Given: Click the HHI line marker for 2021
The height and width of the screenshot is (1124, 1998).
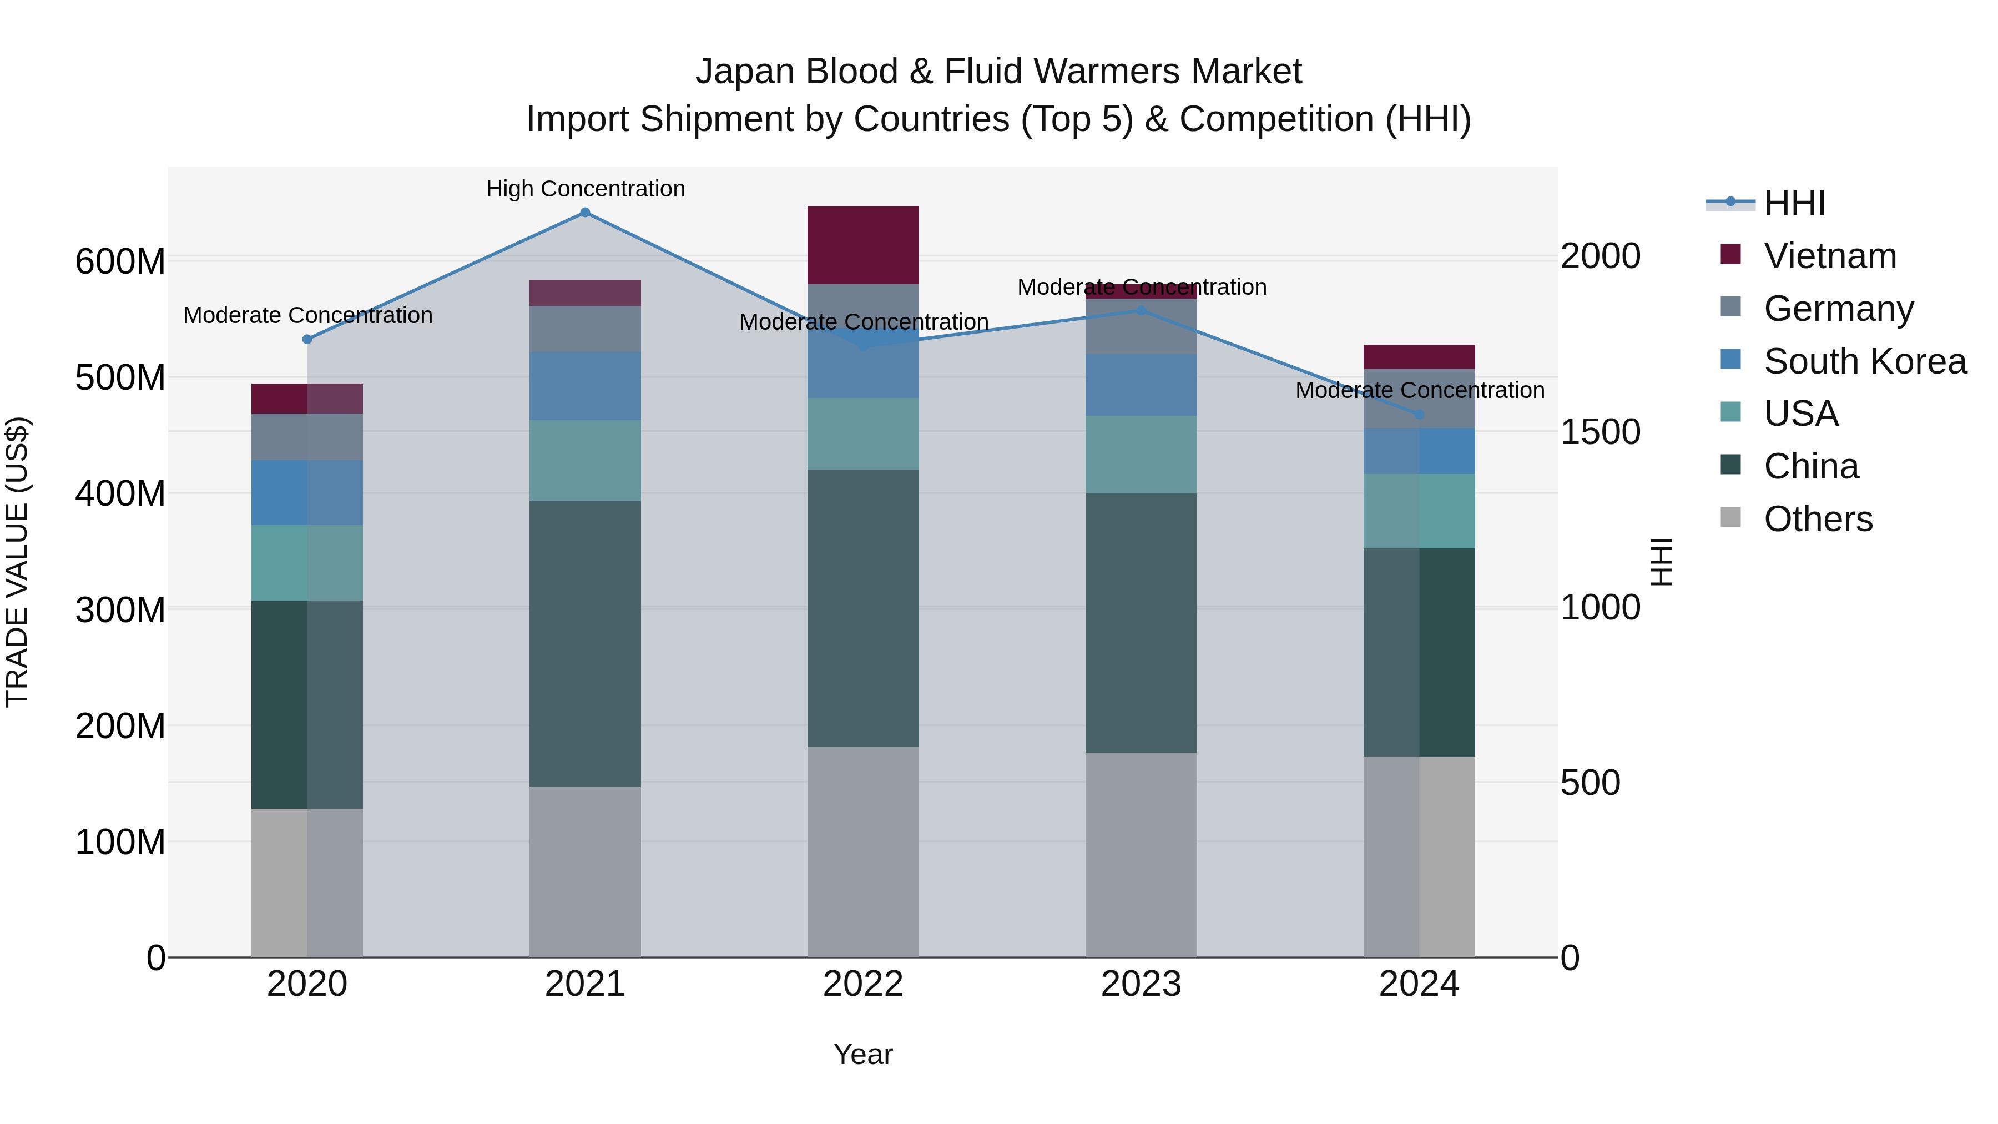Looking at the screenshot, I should [585, 213].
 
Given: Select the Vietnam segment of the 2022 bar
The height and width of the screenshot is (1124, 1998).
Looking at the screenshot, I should [862, 245].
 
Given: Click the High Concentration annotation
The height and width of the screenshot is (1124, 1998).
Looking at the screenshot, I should [586, 189].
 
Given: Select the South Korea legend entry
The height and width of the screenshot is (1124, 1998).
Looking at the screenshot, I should [1865, 361].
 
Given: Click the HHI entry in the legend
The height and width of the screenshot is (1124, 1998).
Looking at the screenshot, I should [1794, 203].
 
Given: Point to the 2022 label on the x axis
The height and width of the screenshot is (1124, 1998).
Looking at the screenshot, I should [862, 984].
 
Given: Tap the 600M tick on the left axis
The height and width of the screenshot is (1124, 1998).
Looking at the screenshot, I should [120, 261].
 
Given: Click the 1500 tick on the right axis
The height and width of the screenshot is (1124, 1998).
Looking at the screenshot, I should [1600, 432].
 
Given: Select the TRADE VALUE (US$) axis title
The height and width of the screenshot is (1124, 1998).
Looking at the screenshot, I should [17, 562].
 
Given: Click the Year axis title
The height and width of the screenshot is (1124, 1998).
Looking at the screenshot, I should [862, 1054].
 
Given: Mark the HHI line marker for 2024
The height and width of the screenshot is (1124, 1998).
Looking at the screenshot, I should [1419, 414].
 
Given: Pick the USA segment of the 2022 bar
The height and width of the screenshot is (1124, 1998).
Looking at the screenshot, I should [862, 434].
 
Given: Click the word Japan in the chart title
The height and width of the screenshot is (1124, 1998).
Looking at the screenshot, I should [745, 72].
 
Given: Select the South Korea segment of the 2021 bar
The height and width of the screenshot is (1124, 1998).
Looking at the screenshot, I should [585, 386].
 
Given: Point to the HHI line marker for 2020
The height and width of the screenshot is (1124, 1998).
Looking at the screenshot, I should [307, 339].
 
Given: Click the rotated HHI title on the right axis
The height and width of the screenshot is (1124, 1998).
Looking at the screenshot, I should [1661, 562].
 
